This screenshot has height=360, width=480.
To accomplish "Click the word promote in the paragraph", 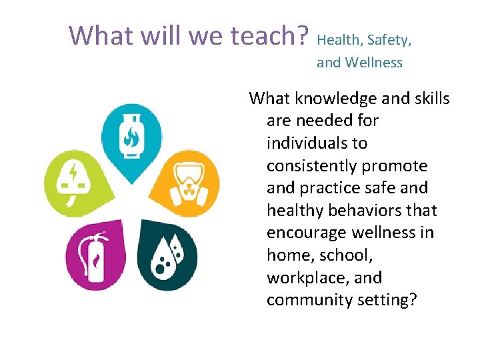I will point(399,165).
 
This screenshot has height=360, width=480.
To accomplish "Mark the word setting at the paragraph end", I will point(386,300).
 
